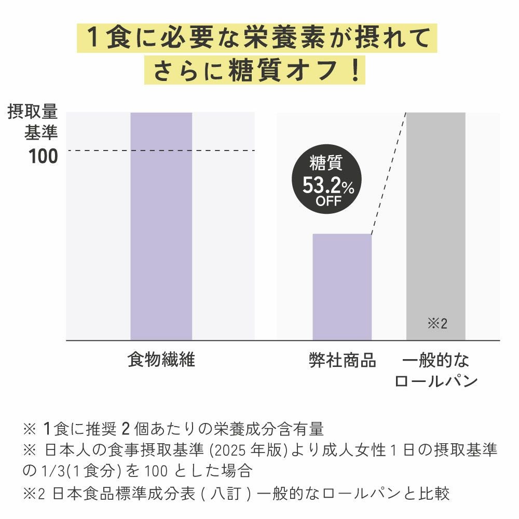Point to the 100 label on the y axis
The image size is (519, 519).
[x=44, y=156]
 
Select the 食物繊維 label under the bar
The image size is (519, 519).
[x=161, y=360]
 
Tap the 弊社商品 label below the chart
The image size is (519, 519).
[x=342, y=360]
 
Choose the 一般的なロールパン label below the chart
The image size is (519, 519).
[x=435, y=371]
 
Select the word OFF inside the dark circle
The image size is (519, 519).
[x=328, y=201]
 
